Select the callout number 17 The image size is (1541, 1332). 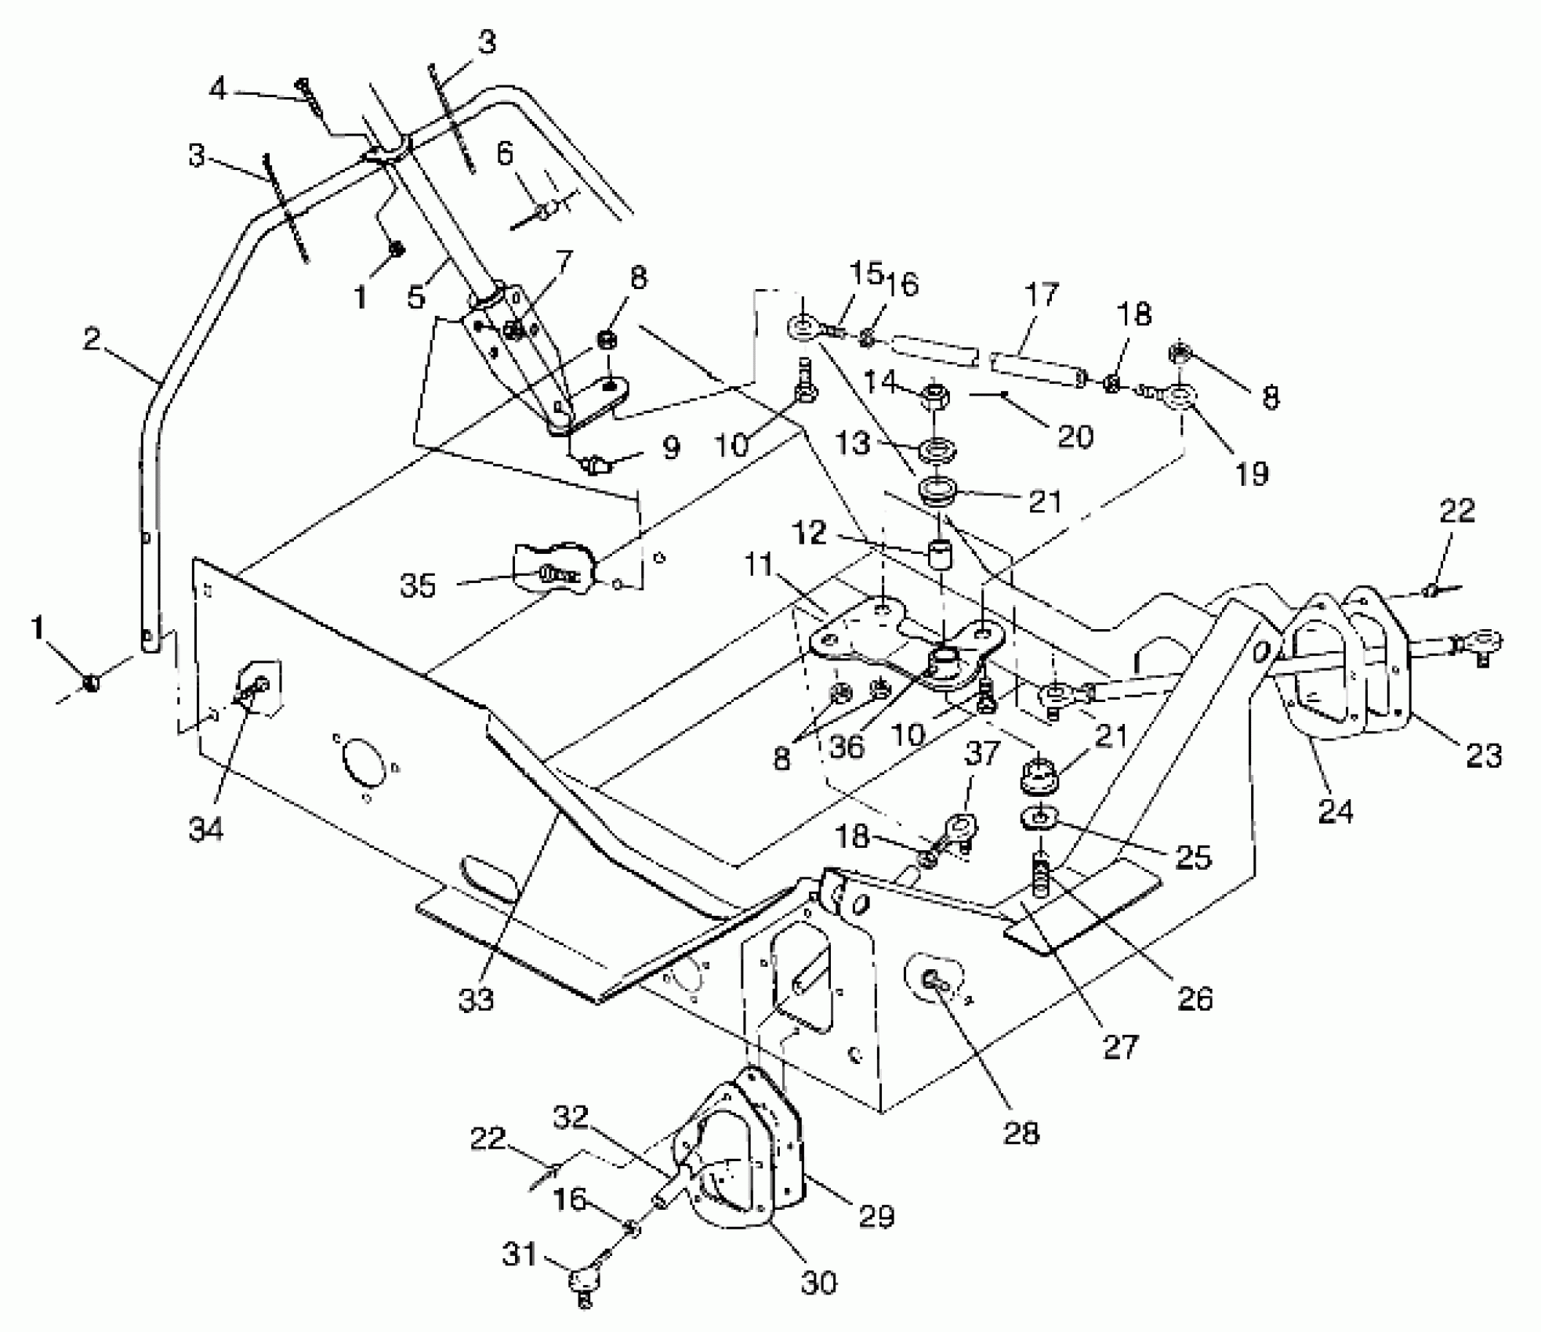[x=1042, y=296]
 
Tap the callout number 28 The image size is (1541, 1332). [x=1021, y=1132]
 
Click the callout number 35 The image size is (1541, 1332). [x=417, y=585]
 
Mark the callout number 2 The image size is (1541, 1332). [x=92, y=339]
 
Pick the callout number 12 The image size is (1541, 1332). [x=809, y=534]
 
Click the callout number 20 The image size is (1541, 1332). [x=1075, y=436]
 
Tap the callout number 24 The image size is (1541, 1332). [x=1336, y=812]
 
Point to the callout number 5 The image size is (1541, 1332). [x=415, y=297]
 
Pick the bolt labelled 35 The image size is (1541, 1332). [x=553, y=574]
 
